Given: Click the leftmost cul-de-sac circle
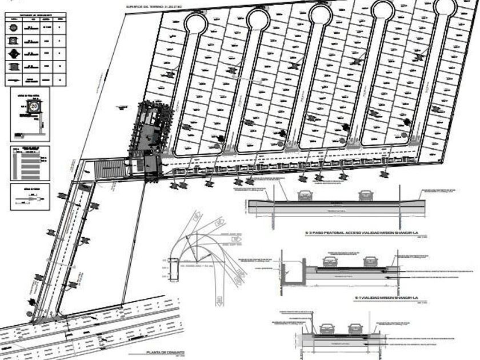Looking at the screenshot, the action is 195,23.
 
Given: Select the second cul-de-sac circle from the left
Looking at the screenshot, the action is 258,19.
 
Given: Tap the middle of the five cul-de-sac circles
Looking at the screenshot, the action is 321,14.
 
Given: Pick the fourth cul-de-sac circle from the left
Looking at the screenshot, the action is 382,10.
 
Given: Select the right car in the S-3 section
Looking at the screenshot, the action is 366,195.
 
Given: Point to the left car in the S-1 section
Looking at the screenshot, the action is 330,262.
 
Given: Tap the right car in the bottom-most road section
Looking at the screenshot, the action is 355,329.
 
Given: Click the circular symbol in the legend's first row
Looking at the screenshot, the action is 13,26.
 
